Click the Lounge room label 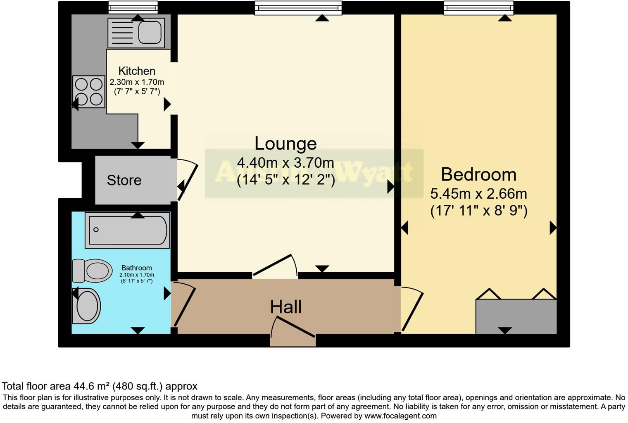[285, 144]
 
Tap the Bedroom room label [478, 174]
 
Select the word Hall [285, 307]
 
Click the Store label [124, 180]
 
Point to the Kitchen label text [137, 71]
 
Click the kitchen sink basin [149, 33]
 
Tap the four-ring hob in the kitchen [89, 92]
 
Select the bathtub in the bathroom [127, 230]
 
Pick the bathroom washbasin [87, 306]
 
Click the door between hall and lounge [275, 266]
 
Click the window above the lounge [298, 8]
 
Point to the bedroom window [478, 8]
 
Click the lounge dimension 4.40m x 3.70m [285, 163]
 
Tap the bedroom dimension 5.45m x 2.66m [478, 194]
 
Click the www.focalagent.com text [400, 416]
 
